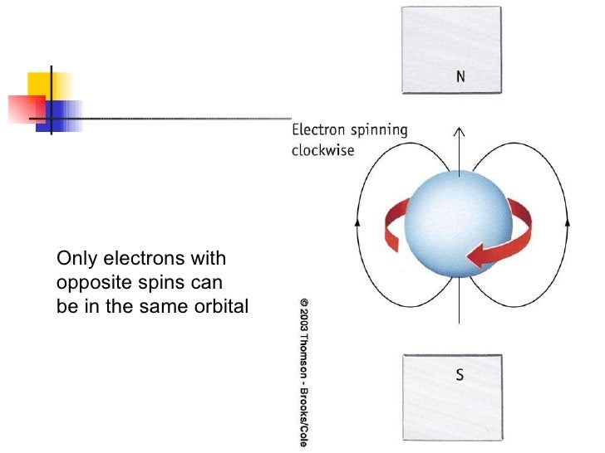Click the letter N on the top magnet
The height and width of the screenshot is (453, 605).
(460, 77)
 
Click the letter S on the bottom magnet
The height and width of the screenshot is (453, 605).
(460, 375)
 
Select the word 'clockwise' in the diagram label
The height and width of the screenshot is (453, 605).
(323, 151)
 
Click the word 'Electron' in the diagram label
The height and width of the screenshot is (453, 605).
(316, 130)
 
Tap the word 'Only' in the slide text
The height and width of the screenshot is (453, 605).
(73, 258)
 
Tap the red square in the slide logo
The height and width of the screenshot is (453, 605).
(27, 108)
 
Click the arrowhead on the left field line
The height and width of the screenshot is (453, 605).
(357, 222)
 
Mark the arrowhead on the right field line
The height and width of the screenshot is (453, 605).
(568, 222)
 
